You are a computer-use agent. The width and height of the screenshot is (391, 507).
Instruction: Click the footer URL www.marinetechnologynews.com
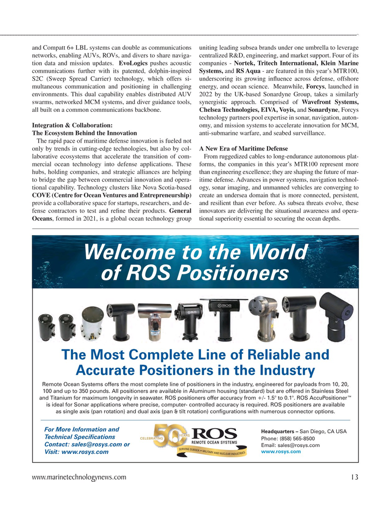79,477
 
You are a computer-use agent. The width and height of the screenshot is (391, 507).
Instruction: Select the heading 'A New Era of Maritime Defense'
244,148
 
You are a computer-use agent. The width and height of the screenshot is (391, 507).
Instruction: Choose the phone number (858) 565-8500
287,438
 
